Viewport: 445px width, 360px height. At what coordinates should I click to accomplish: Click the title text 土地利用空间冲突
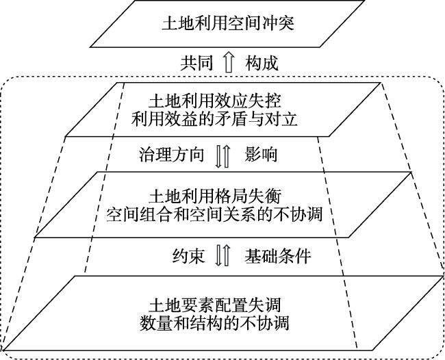(228, 23)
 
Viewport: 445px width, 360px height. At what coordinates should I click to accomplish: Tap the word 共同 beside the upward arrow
(196, 63)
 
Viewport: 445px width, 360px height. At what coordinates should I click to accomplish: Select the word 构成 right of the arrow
(262, 63)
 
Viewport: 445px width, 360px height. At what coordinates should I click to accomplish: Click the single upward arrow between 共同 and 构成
(229, 62)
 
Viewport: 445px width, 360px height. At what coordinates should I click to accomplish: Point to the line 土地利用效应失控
(215, 101)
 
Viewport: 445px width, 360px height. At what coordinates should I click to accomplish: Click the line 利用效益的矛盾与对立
(214, 119)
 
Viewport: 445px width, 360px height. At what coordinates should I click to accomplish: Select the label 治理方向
(171, 155)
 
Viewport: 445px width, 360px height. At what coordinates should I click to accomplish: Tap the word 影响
(261, 155)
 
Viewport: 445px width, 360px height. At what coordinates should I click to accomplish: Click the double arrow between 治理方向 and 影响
(222, 156)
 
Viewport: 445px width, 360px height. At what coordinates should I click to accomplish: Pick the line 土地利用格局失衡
(215, 196)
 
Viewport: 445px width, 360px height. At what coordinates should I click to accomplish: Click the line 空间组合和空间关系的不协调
(214, 214)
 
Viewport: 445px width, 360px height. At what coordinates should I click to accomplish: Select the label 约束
(189, 256)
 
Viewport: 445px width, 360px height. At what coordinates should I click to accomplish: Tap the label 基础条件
(278, 256)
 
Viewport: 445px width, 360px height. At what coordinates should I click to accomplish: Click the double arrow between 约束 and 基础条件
(222, 255)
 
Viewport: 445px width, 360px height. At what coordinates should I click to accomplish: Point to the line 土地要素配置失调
(215, 305)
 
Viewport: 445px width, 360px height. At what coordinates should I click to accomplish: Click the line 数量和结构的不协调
(214, 323)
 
